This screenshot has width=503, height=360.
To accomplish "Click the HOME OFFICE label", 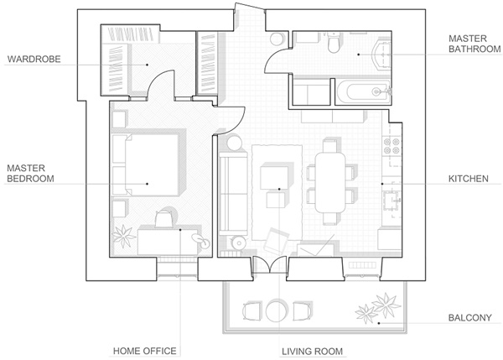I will tap(147, 350).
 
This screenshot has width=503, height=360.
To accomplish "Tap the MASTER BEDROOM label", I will tap(30, 173).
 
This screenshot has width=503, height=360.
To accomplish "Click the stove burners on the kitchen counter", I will tap(391, 151).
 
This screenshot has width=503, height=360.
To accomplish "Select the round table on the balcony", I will tap(276, 312).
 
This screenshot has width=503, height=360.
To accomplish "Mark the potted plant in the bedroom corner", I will tap(124, 237).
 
